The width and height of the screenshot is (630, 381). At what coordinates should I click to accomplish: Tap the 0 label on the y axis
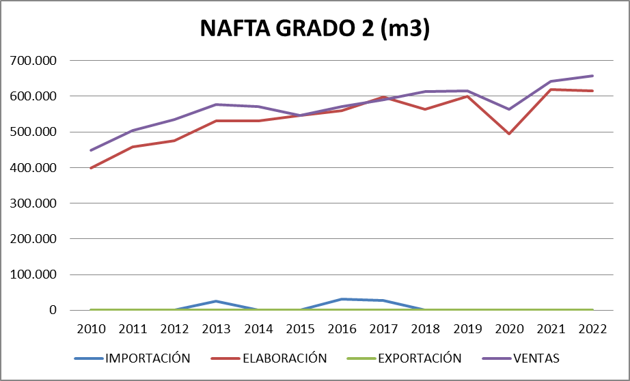[52, 311]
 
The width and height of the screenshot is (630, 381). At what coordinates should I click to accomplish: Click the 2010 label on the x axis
[91, 328]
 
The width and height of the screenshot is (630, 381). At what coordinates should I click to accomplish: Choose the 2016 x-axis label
[342, 328]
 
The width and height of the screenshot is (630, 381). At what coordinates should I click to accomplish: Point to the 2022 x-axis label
[592, 328]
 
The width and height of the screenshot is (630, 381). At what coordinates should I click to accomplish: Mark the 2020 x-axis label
[509, 328]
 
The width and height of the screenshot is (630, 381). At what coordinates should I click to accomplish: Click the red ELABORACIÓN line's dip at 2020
[509, 133]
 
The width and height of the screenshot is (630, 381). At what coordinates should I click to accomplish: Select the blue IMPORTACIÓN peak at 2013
[216, 301]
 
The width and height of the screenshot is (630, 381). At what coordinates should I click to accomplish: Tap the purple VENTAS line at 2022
[592, 76]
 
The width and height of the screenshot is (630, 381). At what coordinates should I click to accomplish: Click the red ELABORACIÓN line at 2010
[91, 168]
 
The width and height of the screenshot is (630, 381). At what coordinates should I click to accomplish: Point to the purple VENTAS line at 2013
[216, 104]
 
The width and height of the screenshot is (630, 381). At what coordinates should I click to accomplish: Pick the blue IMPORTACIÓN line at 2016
[342, 299]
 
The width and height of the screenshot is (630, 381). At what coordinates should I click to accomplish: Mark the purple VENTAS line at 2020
[509, 109]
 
